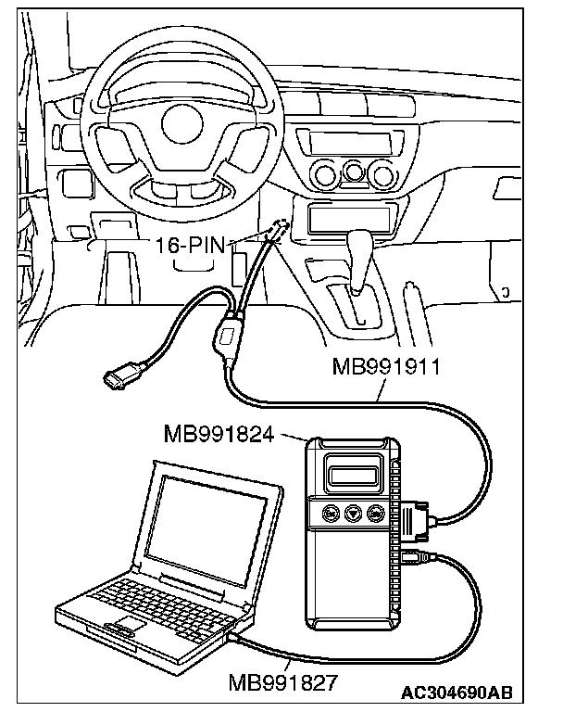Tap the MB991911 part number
pos(384,364)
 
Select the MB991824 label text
pos(218,433)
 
